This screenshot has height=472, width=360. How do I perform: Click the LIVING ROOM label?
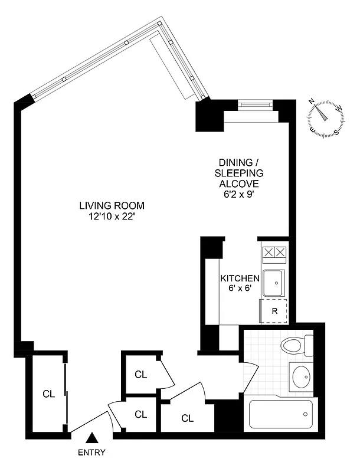click(112, 206)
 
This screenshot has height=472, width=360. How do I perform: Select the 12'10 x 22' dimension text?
click(112, 216)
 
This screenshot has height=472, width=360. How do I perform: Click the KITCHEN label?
click(240, 278)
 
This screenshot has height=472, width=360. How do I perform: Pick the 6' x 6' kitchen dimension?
click(240, 289)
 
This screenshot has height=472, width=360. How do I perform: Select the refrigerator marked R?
click(274, 310)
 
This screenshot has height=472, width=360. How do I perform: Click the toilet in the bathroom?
click(297, 346)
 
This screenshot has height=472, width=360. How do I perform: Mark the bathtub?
click(281, 414)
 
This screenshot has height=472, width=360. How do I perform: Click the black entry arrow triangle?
click(91, 438)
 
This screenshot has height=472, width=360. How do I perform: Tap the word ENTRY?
click(91, 453)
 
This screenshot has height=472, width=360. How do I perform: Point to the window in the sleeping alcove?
click(256, 105)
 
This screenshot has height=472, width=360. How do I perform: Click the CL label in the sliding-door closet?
click(48, 394)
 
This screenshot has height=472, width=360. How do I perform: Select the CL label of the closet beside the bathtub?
click(188, 418)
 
